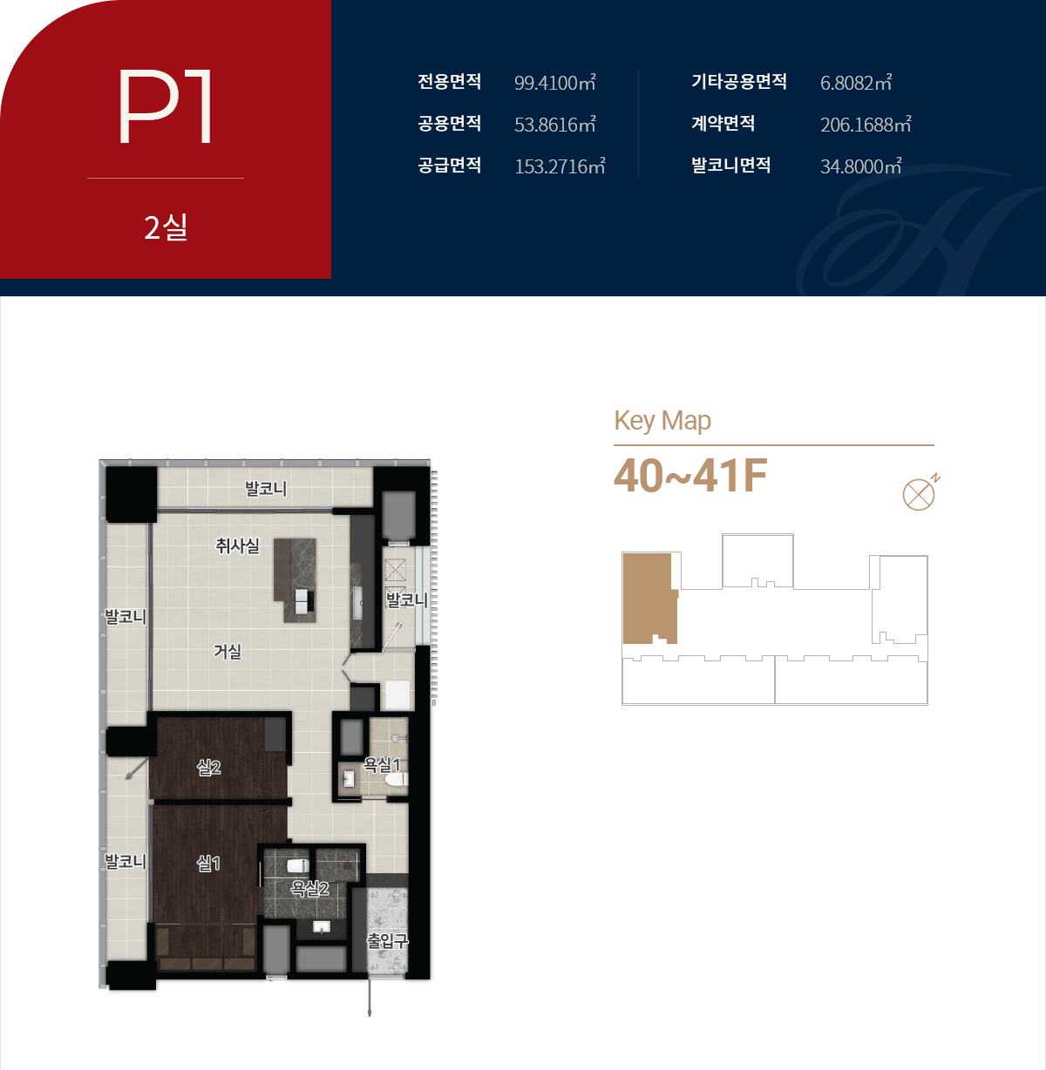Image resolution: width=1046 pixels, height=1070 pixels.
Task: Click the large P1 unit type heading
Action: (x=165, y=106)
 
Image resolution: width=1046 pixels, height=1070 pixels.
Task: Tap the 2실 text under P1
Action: (x=166, y=227)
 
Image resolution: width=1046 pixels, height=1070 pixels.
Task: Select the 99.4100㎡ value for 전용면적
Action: (x=555, y=82)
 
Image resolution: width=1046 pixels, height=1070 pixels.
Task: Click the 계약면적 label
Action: (x=723, y=123)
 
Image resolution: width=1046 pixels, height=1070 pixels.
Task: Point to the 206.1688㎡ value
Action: (x=866, y=125)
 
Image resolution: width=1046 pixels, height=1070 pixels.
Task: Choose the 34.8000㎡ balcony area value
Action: (x=860, y=166)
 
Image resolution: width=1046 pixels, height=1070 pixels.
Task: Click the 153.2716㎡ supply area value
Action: (x=560, y=166)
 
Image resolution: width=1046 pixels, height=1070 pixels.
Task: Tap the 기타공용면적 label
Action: (x=738, y=81)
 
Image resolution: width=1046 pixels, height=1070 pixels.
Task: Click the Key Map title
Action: (x=662, y=421)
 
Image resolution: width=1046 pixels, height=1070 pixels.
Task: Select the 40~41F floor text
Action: (x=690, y=476)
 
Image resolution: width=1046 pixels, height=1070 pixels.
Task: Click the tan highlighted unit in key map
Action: (x=649, y=599)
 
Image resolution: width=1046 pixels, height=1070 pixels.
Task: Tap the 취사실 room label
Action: (x=237, y=545)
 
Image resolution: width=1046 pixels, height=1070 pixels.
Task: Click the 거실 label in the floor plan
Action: (x=228, y=652)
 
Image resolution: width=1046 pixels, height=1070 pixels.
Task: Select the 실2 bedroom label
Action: (x=208, y=767)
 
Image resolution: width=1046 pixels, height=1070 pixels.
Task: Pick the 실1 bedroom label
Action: (x=208, y=863)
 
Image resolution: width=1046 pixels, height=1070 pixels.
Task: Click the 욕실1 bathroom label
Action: (x=382, y=764)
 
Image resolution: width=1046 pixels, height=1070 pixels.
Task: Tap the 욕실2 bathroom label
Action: (x=309, y=888)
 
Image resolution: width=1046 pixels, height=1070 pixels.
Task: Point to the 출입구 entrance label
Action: (x=387, y=941)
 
